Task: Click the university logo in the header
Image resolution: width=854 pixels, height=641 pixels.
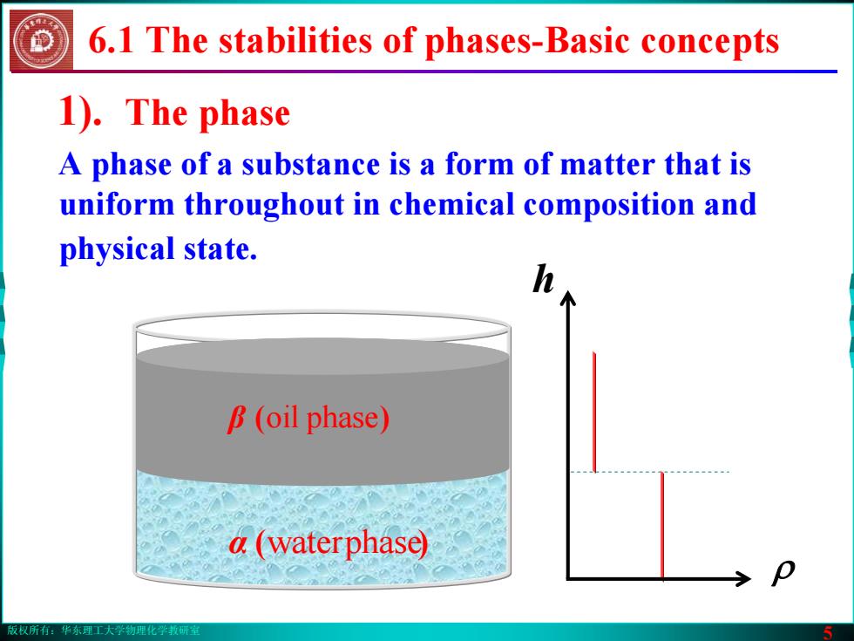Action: click(42, 41)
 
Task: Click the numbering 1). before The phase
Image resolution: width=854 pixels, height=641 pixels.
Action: click(80, 113)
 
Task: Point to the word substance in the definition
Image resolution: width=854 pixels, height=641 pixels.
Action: click(311, 164)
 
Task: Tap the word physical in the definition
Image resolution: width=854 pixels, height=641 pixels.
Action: click(117, 249)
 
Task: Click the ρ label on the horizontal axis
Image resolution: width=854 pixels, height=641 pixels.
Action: click(783, 571)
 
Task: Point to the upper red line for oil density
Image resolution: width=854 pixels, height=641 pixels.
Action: click(594, 412)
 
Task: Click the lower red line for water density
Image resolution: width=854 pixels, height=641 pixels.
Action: click(662, 525)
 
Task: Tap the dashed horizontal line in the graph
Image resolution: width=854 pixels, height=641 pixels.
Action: click(648, 472)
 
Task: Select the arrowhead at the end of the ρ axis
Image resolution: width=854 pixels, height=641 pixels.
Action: click(743, 578)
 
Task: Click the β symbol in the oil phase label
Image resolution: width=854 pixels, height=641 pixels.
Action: click(237, 419)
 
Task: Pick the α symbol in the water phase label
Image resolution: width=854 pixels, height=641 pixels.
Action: click(239, 543)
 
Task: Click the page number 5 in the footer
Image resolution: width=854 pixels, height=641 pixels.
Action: click(828, 632)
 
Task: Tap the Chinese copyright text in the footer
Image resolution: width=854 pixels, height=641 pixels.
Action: click(104, 631)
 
